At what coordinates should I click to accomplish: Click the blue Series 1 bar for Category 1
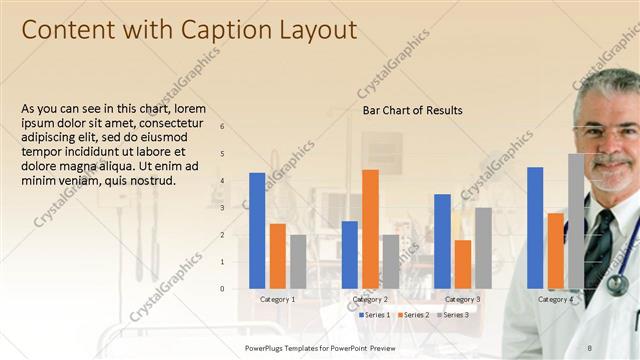coord(257,231)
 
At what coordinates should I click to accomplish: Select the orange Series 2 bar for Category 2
coord(370,229)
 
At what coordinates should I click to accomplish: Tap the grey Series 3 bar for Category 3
coord(483,248)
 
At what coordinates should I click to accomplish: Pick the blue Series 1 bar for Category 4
coord(535,228)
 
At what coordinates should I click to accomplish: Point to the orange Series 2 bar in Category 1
coord(277,256)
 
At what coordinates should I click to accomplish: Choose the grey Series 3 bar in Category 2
coord(390,262)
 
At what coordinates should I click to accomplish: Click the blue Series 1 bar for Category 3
coord(442,241)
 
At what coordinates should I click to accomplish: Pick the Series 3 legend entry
coord(455,315)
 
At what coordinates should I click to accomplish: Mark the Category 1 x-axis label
coord(277,299)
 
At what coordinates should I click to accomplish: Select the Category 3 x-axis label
coord(462,299)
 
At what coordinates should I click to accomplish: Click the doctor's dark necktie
coord(599,250)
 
